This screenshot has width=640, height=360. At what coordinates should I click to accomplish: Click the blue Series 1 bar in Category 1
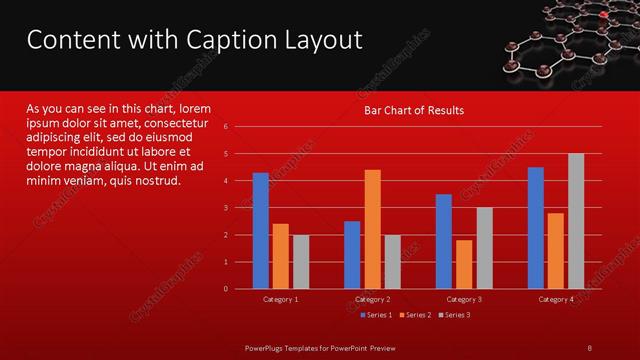(260, 231)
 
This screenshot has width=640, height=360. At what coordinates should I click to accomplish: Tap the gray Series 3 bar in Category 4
(576, 221)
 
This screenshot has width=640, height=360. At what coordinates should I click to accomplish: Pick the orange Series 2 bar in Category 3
(464, 264)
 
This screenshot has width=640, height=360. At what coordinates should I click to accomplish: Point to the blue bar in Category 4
(536, 228)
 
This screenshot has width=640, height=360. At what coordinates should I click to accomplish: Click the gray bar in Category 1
(301, 262)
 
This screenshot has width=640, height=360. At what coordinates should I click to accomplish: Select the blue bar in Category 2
(352, 255)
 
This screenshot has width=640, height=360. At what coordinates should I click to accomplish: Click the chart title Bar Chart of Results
(413, 110)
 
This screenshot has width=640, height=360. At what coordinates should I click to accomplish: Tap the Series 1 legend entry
(375, 315)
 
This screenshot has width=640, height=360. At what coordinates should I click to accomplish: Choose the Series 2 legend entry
(413, 315)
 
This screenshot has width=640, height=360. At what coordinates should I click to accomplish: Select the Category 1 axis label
(280, 299)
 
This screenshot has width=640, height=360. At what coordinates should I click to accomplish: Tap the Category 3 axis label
(464, 299)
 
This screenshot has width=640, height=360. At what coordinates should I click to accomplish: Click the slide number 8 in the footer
(589, 346)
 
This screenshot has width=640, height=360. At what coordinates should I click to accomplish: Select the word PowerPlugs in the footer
(268, 346)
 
